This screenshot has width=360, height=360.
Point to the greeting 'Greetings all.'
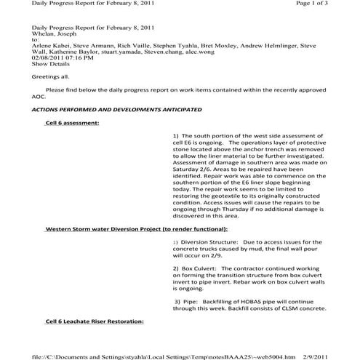coord(51,76)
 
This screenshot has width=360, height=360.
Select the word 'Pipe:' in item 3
coord(192,301)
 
